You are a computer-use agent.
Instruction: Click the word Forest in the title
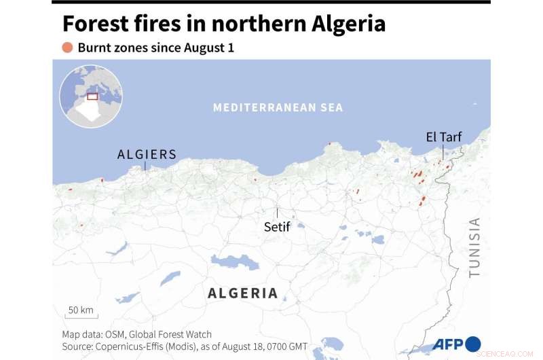(x=99, y=24)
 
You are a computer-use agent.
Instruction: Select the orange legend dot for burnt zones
(x=67, y=48)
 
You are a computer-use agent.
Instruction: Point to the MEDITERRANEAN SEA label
(x=278, y=107)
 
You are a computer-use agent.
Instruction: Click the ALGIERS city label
(x=147, y=154)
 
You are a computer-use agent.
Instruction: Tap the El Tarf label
(x=443, y=137)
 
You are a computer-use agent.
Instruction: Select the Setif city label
(x=277, y=227)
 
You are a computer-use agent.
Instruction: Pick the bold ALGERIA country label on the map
(x=242, y=293)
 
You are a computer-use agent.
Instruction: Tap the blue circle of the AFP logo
(x=473, y=344)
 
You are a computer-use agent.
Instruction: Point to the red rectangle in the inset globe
(x=92, y=96)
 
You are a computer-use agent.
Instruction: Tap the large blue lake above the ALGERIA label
(x=235, y=262)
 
